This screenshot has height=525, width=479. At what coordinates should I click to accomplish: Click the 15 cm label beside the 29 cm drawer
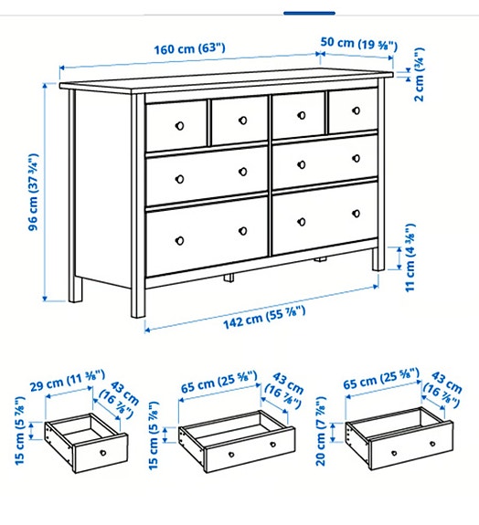[x=19, y=443]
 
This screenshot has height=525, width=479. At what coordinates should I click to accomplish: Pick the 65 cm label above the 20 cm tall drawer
[x=378, y=379]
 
